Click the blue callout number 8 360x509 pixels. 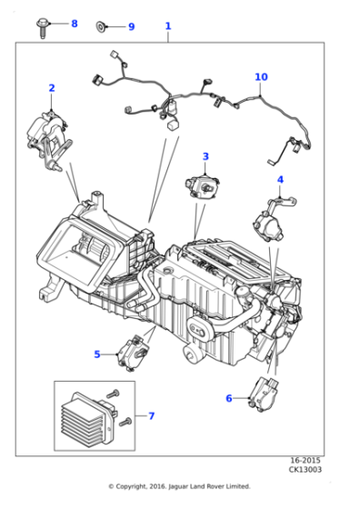[75, 24]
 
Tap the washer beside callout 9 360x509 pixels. [101, 26]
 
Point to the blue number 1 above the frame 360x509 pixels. [168, 26]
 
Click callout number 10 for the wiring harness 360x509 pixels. [261, 77]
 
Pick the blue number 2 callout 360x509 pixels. [52, 88]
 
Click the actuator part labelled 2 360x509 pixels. [49, 140]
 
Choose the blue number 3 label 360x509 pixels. [205, 156]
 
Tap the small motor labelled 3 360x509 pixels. [201, 186]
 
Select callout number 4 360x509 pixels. [280, 180]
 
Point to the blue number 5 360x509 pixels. [97, 354]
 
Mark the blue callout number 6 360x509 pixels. [229, 398]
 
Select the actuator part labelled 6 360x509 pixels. [264, 394]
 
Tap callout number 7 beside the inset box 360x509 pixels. [151, 416]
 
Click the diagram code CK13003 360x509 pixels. [305, 469]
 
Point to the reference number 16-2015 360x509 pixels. [305, 460]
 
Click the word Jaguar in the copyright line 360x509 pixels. [178, 486]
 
